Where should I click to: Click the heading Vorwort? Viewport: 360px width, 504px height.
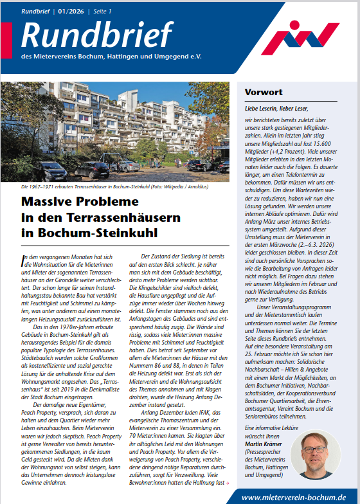pyautogui.click(x=263, y=93)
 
